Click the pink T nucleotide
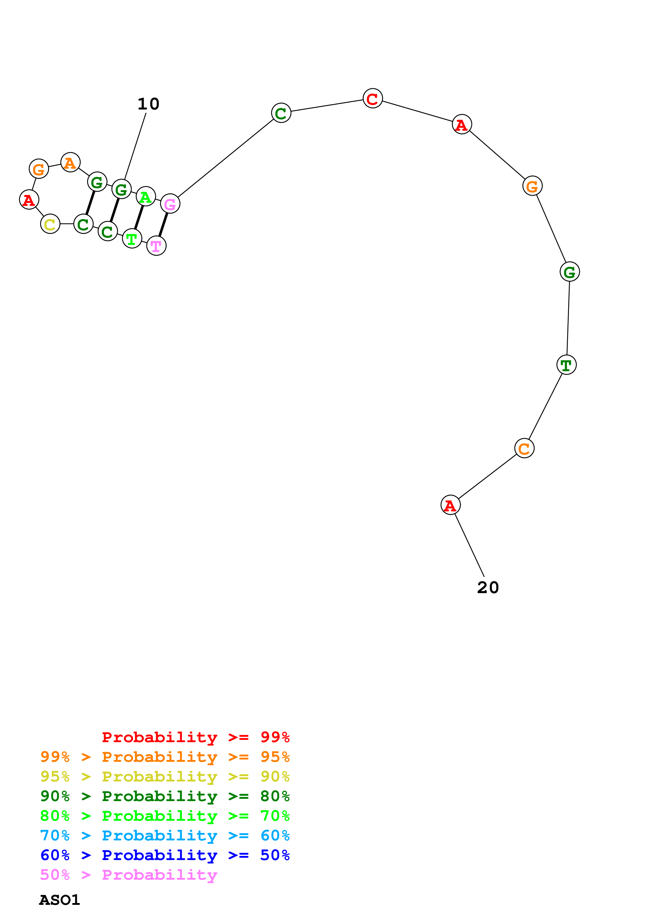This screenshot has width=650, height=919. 156,245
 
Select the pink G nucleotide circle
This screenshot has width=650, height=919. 170,204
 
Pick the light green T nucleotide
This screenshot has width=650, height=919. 132,239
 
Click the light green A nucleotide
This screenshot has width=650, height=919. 146,196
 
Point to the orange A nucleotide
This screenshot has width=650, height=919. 71,162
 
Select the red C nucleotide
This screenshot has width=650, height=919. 372,99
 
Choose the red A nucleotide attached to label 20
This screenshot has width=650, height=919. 450,505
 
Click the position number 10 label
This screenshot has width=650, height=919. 148,104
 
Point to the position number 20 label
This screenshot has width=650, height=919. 487,587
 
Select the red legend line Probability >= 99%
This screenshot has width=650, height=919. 195,737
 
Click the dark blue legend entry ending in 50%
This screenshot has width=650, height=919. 165,855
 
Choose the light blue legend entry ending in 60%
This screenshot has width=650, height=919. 165,835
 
